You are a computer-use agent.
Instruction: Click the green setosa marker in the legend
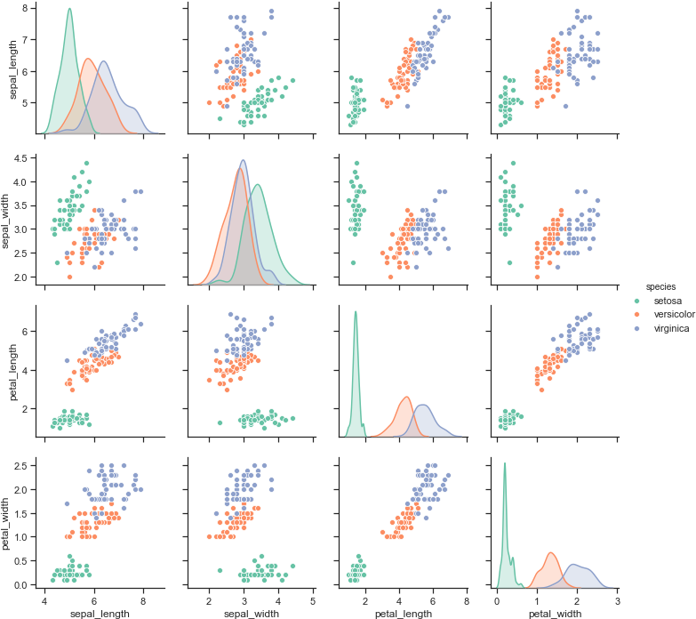636,301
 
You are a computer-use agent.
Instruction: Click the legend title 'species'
660,287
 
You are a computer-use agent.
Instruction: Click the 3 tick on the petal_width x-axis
615,600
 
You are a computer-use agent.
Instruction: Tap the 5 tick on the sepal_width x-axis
313,600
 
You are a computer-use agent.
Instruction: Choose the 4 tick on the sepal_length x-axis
45,600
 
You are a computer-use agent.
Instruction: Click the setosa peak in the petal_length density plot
356,311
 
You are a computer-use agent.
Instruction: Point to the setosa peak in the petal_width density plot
504,463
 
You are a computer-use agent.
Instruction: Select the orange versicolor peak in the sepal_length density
87,59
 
